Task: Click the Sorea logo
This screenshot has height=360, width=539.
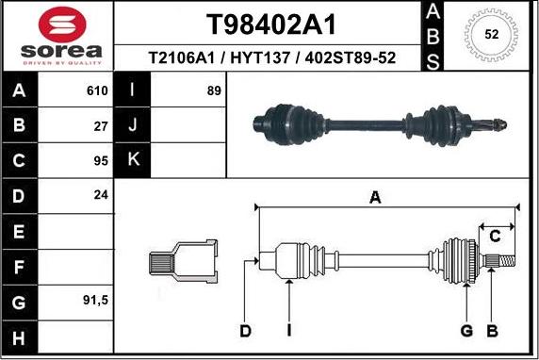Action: click(x=57, y=37)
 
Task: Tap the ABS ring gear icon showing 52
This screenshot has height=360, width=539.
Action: click(x=491, y=35)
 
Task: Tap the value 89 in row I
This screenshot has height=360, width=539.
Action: click(x=214, y=91)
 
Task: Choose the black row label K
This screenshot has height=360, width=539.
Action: click(x=133, y=159)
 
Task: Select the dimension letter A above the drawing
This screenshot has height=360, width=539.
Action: click(x=374, y=198)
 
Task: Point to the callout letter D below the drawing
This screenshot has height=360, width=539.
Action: click(x=245, y=330)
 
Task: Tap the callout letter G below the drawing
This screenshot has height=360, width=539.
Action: click(x=465, y=330)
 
